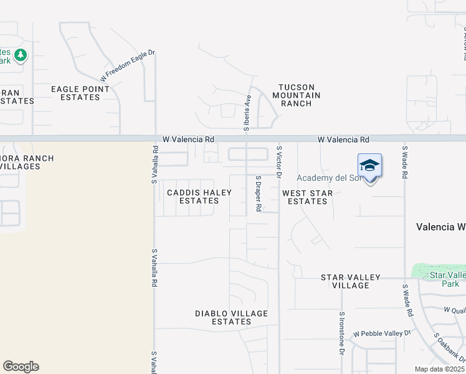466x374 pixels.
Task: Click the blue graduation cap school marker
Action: click(x=369, y=166)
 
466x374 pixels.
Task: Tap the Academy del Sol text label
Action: click(x=328, y=178)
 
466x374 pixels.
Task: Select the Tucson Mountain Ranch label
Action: click(x=296, y=95)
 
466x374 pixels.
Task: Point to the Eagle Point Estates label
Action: click(x=80, y=93)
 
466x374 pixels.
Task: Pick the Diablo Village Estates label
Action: click(x=231, y=318)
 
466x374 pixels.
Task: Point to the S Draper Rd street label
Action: click(x=258, y=193)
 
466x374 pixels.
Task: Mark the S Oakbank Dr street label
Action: click(x=449, y=348)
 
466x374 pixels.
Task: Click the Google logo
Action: click(x=21, y=367)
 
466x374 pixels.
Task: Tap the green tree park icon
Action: click(x=21, y=55)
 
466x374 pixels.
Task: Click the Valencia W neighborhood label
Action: click(x=440, y=227)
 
